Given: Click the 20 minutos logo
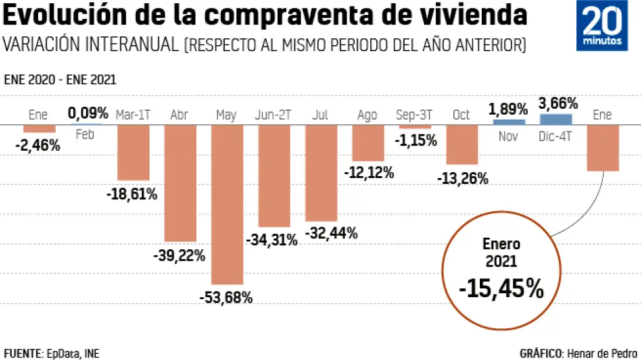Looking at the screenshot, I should pos(602,26).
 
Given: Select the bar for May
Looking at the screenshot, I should pos(227,204).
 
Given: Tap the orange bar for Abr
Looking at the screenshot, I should pos(179,183).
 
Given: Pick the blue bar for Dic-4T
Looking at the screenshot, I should pos(556,119).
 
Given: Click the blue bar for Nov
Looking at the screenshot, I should pos(509,121).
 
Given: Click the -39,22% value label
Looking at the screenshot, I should pos(179,256).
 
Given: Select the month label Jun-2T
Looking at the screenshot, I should pos(273,115).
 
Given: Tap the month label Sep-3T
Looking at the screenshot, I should pos(414,115).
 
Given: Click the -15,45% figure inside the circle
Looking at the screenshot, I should pos(501,289).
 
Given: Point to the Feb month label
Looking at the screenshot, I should pos(85,135).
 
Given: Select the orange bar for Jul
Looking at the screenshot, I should pos(321,173).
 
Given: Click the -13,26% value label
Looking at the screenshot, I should pos(462,178).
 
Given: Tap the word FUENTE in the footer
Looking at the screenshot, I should pos(23,354).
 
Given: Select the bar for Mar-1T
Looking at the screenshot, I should pos(133,152).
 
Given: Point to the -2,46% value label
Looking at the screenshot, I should pos(38,146).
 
